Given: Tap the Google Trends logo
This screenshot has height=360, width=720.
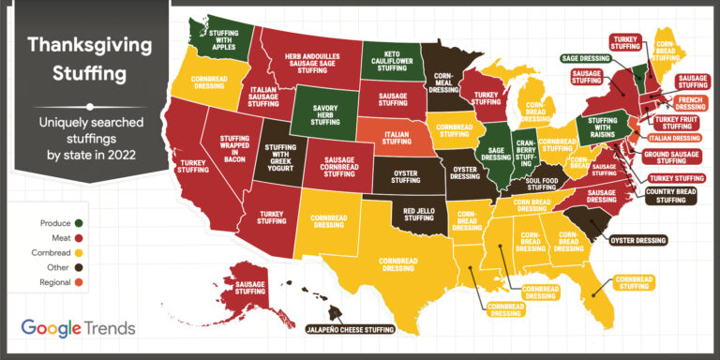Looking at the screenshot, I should (79, 328).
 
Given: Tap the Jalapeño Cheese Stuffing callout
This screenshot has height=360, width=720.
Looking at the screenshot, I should (351, 330).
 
